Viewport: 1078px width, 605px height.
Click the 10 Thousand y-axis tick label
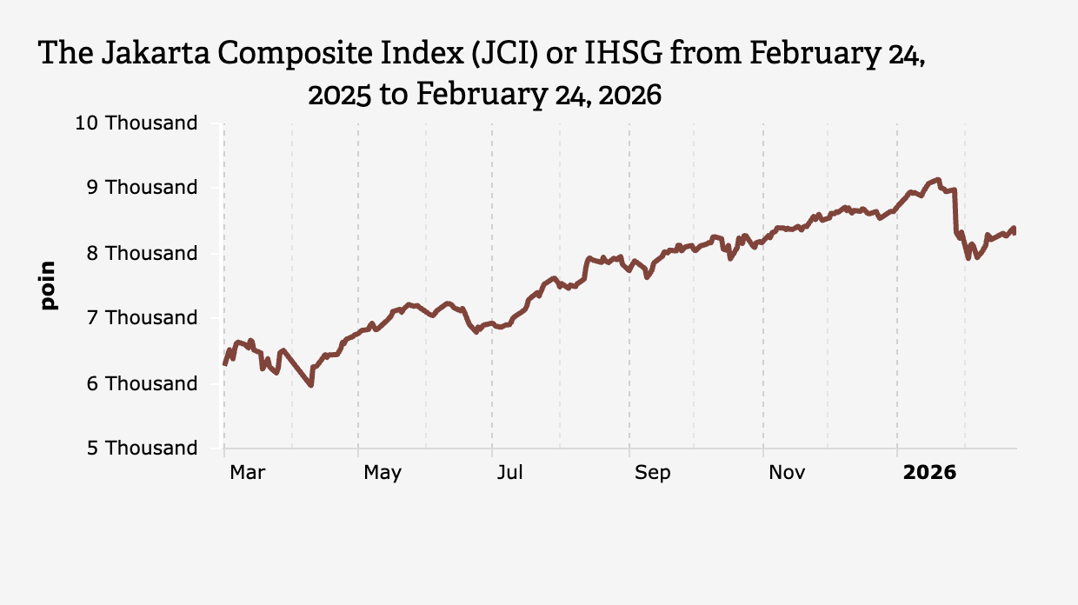tap(136, 123)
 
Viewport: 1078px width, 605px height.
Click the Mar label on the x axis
tap(247, 473)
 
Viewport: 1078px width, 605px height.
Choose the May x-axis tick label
tap(383, 473)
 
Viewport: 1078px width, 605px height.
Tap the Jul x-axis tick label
tap(509, 473)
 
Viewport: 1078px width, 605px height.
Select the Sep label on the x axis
tap(652, 473)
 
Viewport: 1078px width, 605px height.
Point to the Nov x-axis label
tap(787, 473)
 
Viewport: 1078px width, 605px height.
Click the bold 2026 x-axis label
tap(929, 473)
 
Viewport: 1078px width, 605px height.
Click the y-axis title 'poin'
tap(49, 285)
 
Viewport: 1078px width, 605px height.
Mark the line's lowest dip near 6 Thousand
tap(311, 385)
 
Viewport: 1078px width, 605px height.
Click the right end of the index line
tap(1015, 230)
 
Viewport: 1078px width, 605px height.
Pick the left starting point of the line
tap(224, 364)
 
